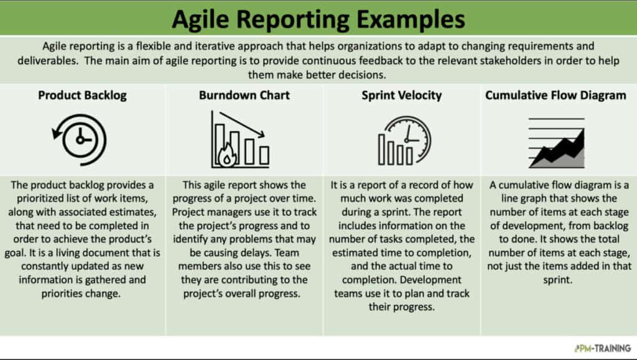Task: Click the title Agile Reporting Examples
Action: coord(318,19)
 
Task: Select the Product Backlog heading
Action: coord(82,95)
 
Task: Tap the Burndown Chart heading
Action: coord(244,95)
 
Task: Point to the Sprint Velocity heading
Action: coord(401,95)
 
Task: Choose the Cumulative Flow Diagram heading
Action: coord(556,95)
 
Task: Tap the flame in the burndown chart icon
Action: coord(227,156)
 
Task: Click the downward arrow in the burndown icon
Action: coord(242,124)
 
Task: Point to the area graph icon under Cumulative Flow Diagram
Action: coord(556,143)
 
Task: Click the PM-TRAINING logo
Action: coord(602,348)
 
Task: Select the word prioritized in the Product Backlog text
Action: coord(43,198)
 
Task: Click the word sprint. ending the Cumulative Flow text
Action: coord(558,280)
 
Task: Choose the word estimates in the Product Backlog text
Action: coord(134,212)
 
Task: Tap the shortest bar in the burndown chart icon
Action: coord(264,155)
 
